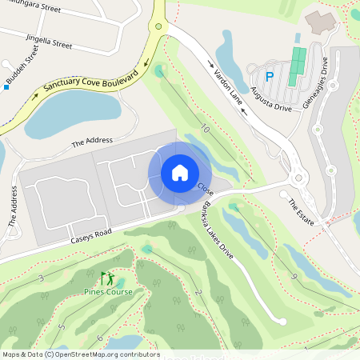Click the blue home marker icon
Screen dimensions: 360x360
click(x=180, y=173)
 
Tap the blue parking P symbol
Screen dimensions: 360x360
click(x=270, y=77)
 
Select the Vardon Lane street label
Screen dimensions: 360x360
click(x=227, y=83)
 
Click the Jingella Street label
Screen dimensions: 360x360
click(x=49, y=41)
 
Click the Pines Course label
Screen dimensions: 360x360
click(x=108, y=292)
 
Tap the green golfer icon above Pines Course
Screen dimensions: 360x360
click(x=106, y=278)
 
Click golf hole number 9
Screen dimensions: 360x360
click(x=294, y=276)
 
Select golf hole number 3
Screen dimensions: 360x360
click(x=40, y=278)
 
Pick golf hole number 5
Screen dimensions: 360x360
click(x=62, y=326)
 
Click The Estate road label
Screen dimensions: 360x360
click(x=301, y=210)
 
